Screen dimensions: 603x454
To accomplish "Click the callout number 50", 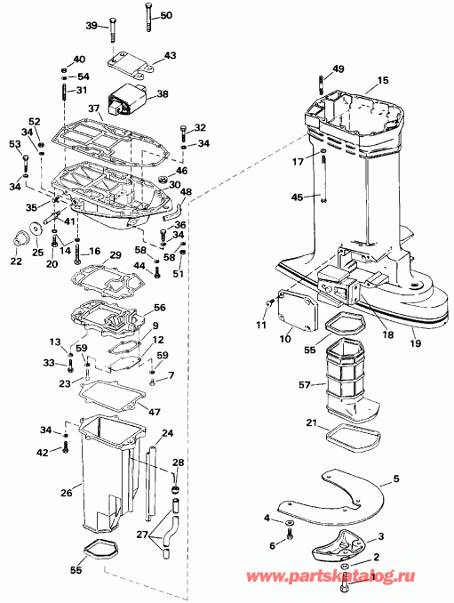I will (x=167, y=16).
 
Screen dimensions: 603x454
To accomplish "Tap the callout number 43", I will (x=170, y=56).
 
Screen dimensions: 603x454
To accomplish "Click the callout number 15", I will (x=382, y=81).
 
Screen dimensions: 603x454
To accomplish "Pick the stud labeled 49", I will (x=319, y=85).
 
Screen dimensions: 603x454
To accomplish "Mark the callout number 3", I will (x=382, y=537).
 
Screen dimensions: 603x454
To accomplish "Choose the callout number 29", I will (x=114, y=256).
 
